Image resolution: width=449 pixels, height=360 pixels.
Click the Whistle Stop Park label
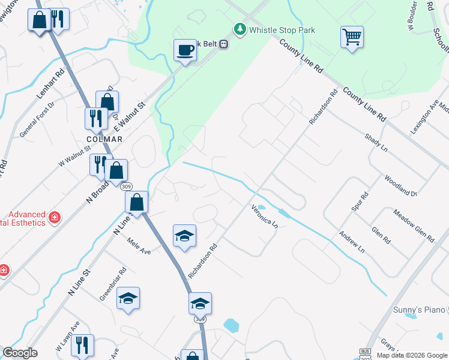(x=282, y=30)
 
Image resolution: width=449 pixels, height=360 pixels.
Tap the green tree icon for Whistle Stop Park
(x=240, y=29)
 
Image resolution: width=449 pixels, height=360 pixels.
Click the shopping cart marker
(x=351, y=37)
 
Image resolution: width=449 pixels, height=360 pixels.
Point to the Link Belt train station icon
(x=223, y=44)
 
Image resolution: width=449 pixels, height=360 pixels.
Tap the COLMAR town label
(x=104, y=139)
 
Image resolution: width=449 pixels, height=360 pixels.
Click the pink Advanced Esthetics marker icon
(x=55, y=217)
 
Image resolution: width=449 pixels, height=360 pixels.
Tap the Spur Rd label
(x=359, y=202)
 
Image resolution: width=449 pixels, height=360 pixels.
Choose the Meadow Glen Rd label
(x=414, y=226)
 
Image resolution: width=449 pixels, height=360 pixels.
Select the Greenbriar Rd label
(x=113, y=284)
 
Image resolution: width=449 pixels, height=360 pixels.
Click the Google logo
(x=20, y=353)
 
